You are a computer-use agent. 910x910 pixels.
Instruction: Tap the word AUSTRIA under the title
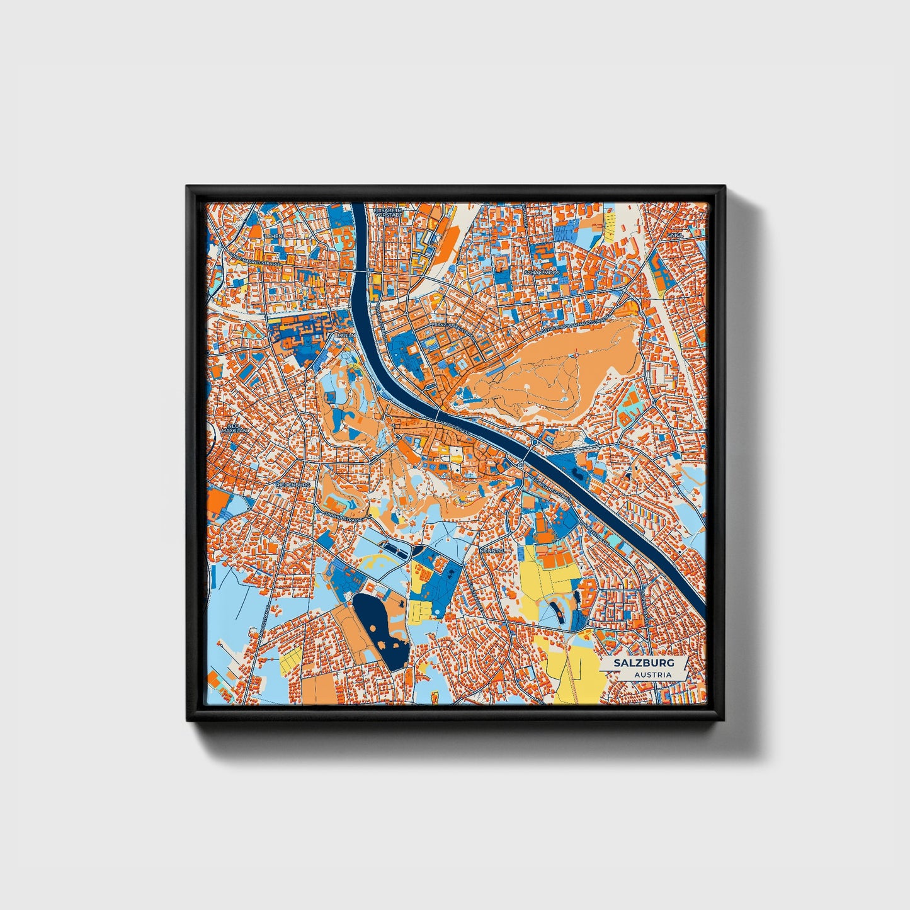coord(652,674)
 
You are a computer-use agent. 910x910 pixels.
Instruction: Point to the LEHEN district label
coord(274,235)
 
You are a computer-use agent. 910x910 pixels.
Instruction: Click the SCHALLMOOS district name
coord(541,273)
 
